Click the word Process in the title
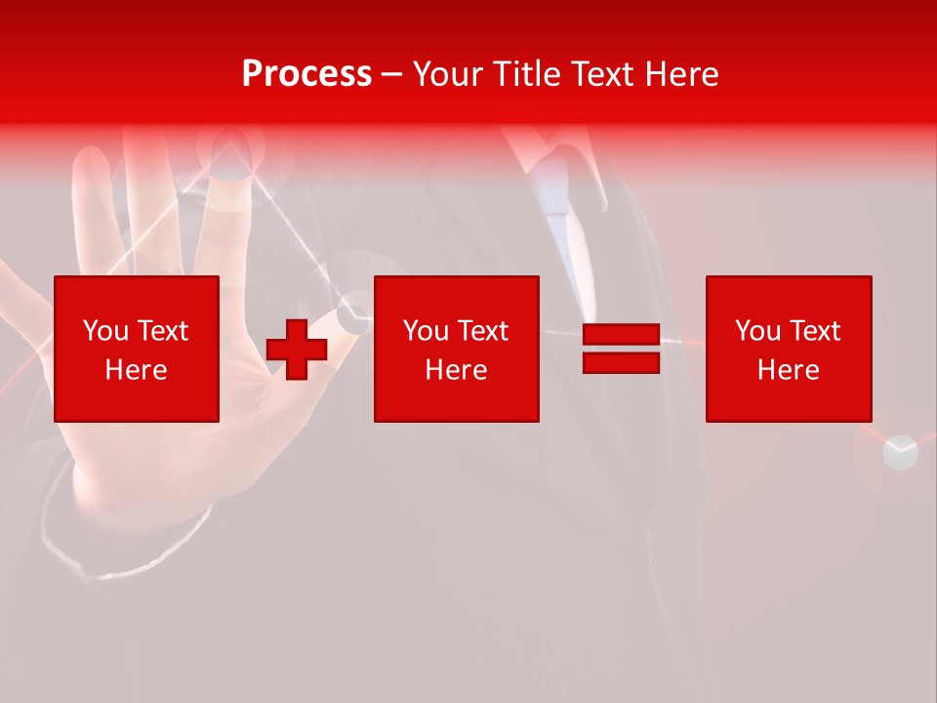pos(306,74)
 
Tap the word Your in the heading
pos(450,74)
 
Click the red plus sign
pos(297,349)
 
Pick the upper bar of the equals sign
pos(621,334)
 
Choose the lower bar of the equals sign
pos(621,363)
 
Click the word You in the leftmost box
pos(103,331)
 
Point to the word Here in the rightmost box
pos(788,370)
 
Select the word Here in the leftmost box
pos(137,370)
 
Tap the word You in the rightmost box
pos(756,331)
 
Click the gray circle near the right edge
pos(900,453)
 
